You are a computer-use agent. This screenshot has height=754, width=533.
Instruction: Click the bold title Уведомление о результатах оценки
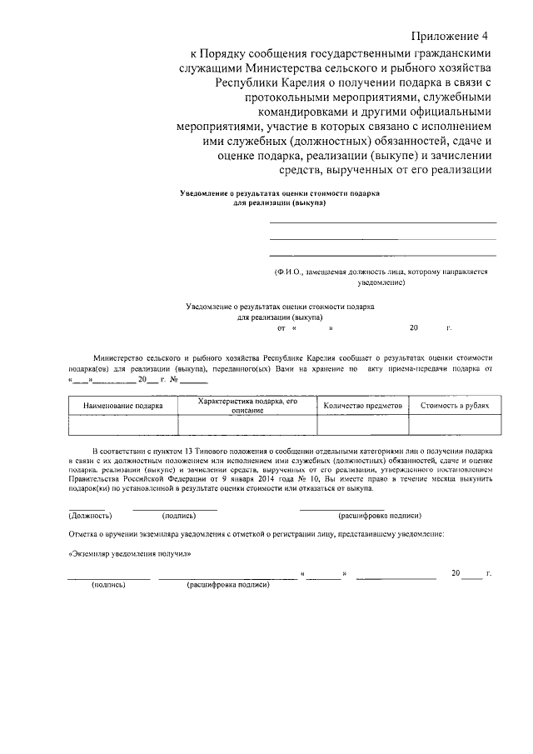[x=280, y=197]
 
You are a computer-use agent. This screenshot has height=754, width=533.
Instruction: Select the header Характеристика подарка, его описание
[x=247, y=405]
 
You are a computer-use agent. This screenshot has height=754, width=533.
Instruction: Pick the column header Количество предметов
[x=362, y=405]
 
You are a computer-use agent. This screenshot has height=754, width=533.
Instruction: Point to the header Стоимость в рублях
[x=454, y=405]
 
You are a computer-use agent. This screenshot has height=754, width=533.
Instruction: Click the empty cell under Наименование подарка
[x=122, y=426]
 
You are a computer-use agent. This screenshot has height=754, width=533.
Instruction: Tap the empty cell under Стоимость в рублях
[x=454, y=426]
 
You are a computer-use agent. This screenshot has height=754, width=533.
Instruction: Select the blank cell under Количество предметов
[x=362, y=426]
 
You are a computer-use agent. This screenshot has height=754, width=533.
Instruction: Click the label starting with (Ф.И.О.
[x=381, y=272]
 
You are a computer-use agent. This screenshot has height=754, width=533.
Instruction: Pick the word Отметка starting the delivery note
[x=84, y=533]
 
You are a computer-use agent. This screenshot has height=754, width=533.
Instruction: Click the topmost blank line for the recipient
[x=382, y=222]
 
